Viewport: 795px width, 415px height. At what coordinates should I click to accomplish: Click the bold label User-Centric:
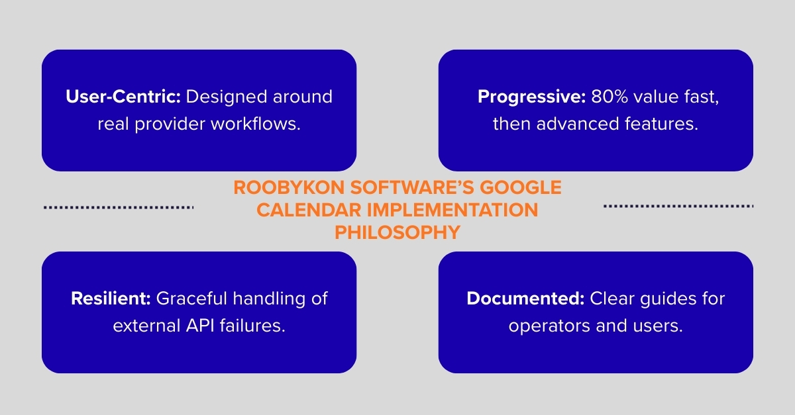click(123, 97)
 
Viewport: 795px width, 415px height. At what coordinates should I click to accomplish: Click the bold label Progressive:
click(531, 97)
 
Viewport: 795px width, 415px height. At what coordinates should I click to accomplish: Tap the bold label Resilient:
click(111, 299)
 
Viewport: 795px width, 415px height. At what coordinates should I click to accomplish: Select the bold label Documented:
click(525, 299)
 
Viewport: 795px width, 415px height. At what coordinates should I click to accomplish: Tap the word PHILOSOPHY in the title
click(397, 233)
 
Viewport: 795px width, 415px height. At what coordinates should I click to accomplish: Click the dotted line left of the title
click(119, 207)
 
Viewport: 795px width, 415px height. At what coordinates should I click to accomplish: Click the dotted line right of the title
click(678, 207)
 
